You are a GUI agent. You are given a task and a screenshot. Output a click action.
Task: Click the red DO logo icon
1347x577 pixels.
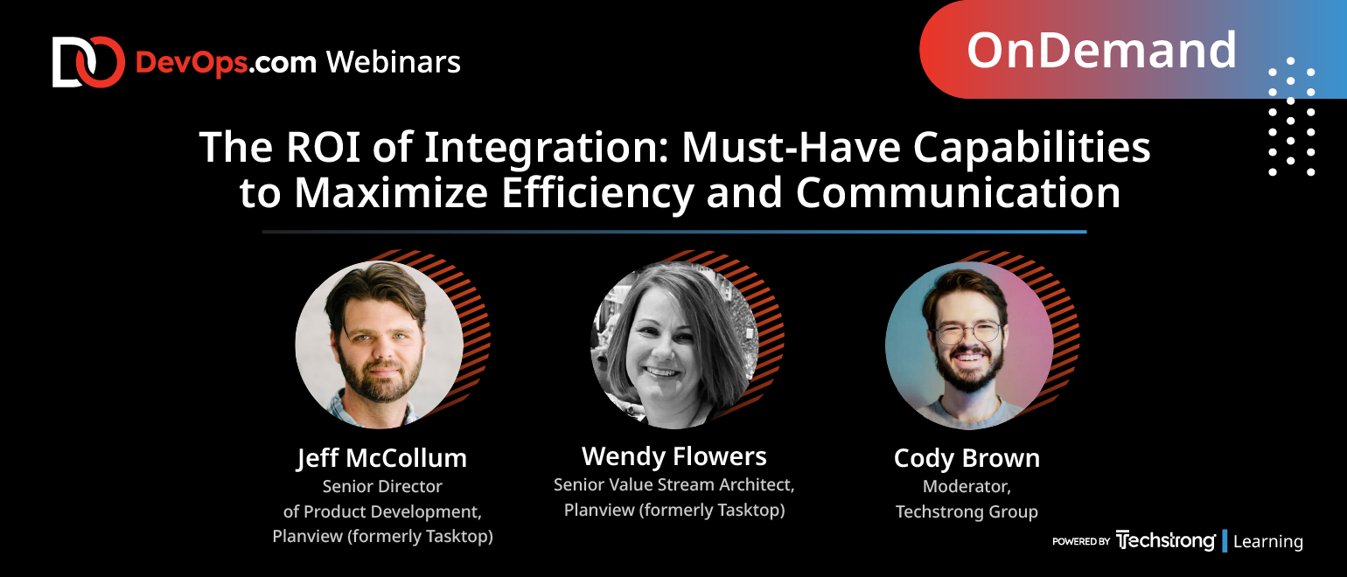pos(88,62)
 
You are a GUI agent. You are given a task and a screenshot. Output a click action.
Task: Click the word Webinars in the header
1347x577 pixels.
pos(394,62)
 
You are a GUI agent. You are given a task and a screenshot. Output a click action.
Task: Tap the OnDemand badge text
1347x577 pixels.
pos(1102,50)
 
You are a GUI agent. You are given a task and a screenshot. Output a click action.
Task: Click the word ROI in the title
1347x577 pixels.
pos(323,147)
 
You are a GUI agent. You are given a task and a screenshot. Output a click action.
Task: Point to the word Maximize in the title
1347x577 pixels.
pos(391,193)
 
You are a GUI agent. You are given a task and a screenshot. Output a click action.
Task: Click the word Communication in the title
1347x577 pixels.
pos(959,193)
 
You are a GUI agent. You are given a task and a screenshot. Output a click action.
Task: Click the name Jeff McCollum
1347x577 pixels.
pos(381,459)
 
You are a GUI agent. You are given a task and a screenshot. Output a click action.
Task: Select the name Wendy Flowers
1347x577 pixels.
pos(674,456)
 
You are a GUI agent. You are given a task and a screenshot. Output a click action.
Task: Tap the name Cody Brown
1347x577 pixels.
pos(967,459)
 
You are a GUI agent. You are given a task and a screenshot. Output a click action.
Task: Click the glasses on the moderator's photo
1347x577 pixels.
pos(968,332)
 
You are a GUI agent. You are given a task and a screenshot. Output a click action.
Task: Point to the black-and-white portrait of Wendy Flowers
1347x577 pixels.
pos(674,345)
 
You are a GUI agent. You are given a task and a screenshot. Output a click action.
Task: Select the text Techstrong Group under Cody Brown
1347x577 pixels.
pos(967,511)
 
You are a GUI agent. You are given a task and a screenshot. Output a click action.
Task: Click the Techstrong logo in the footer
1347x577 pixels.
pos(1165,541)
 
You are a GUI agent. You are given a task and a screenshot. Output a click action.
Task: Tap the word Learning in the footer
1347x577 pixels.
pos(1267,541)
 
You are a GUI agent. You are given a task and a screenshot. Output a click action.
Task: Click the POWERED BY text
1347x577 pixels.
pos(1080,541)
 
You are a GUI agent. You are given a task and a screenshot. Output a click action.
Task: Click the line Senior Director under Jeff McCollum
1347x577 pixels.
pos(382,486)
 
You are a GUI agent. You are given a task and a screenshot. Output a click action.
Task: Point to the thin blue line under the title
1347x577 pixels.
pos(674,232)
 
